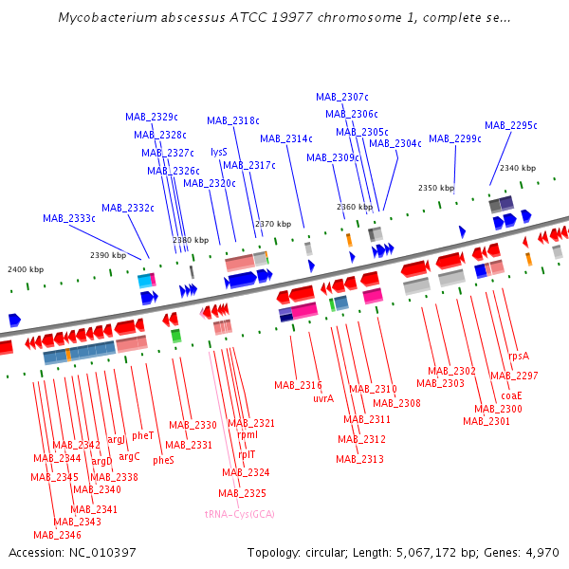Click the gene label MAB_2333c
(69, 218)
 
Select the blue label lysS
(219, 152)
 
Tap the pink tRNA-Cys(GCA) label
(239, 513)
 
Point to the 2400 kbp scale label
(26, 269)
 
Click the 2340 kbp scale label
(518, 168)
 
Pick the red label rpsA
(519, 357)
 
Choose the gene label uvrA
(323, 398)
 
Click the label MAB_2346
(57, 535)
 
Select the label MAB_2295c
(511, 125)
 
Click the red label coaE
(512, 395)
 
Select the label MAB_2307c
(342, 97)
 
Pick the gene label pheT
(143, 436)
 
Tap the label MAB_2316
(299, 385)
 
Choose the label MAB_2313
(359, 460)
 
